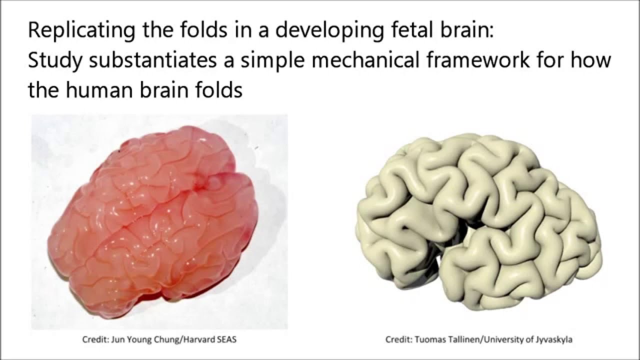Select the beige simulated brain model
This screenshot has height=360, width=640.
(480, 220)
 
